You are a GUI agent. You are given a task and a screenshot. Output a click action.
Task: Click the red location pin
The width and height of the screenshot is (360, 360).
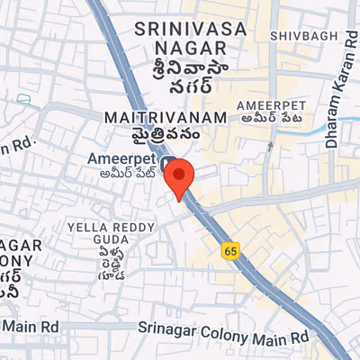click(x=180, y=178)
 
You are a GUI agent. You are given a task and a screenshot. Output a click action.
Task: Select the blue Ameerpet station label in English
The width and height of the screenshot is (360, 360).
click(x=121, y=159)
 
